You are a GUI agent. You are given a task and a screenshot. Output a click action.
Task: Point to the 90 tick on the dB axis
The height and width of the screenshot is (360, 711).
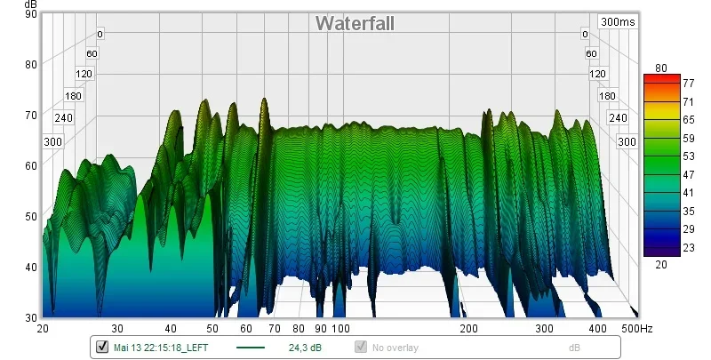tap(30, 13)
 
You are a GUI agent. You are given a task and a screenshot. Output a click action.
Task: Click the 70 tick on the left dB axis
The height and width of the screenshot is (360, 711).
tap(30, 115)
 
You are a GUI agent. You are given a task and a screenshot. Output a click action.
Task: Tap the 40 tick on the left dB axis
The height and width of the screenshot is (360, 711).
tap(30, 267)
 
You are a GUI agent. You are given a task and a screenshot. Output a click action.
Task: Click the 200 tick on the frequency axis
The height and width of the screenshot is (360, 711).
tap(467, 329)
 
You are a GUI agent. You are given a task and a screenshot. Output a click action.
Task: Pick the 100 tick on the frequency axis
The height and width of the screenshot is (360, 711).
tap(340, 329)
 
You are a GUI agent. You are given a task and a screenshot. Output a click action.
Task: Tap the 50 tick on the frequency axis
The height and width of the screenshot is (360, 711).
tap(212, 329)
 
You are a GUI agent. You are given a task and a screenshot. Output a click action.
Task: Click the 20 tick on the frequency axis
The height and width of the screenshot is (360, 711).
tap(43, 329)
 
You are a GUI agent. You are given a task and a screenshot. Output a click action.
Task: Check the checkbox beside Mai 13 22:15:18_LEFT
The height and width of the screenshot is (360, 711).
tap(101, 348)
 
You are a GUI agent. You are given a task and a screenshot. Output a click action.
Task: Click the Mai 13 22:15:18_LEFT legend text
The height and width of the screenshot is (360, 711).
tap(160, 348)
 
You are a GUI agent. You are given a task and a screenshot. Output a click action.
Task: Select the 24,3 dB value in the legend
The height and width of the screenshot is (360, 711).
tap(306, 348)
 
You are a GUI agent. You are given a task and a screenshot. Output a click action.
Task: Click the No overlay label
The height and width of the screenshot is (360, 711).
tap(395, 348)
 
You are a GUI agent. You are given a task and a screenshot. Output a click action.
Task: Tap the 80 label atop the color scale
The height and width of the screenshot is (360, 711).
tap(660, 68)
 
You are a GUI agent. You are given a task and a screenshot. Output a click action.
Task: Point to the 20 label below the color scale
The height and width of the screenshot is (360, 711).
tap(660, 264)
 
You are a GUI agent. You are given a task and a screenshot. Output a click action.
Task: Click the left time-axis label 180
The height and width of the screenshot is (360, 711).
tap(73, 95)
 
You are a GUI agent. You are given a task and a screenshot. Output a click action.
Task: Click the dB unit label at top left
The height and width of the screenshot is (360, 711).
tap(30, 4)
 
